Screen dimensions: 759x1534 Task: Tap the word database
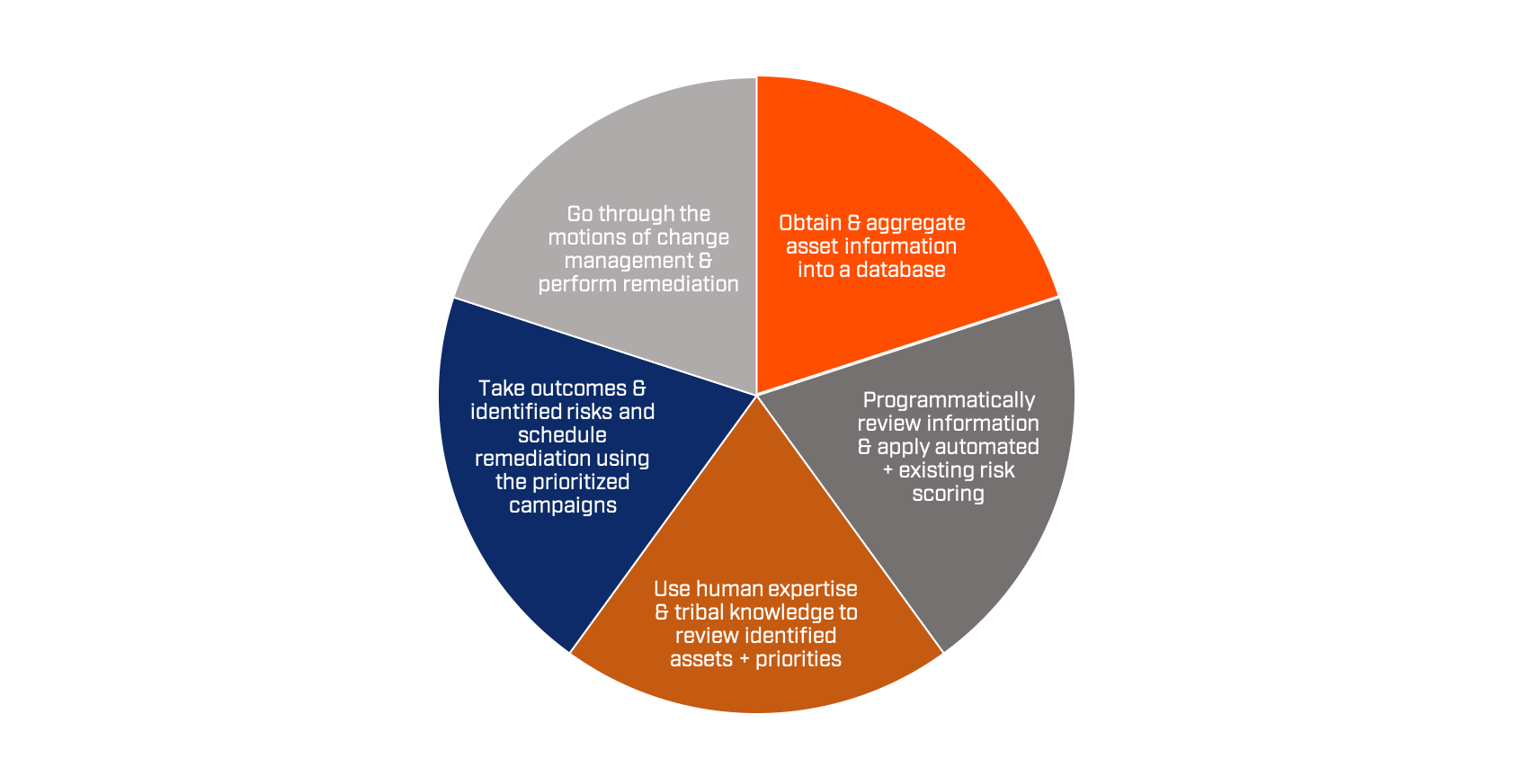coord(902,270)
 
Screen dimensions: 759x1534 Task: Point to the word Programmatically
coord(949,400)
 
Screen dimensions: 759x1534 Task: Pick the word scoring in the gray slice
coord(948,494)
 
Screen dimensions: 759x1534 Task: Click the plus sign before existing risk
coord(888,471)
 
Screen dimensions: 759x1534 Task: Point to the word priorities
coord(798,659)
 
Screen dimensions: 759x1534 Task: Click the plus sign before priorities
coord(745,660)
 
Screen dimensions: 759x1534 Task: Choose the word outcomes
coord(578,388)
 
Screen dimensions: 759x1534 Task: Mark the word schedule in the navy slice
coord(562,435)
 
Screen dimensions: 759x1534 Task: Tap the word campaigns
coord(563,505)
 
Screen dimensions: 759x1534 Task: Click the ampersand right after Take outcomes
coord(638,388)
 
